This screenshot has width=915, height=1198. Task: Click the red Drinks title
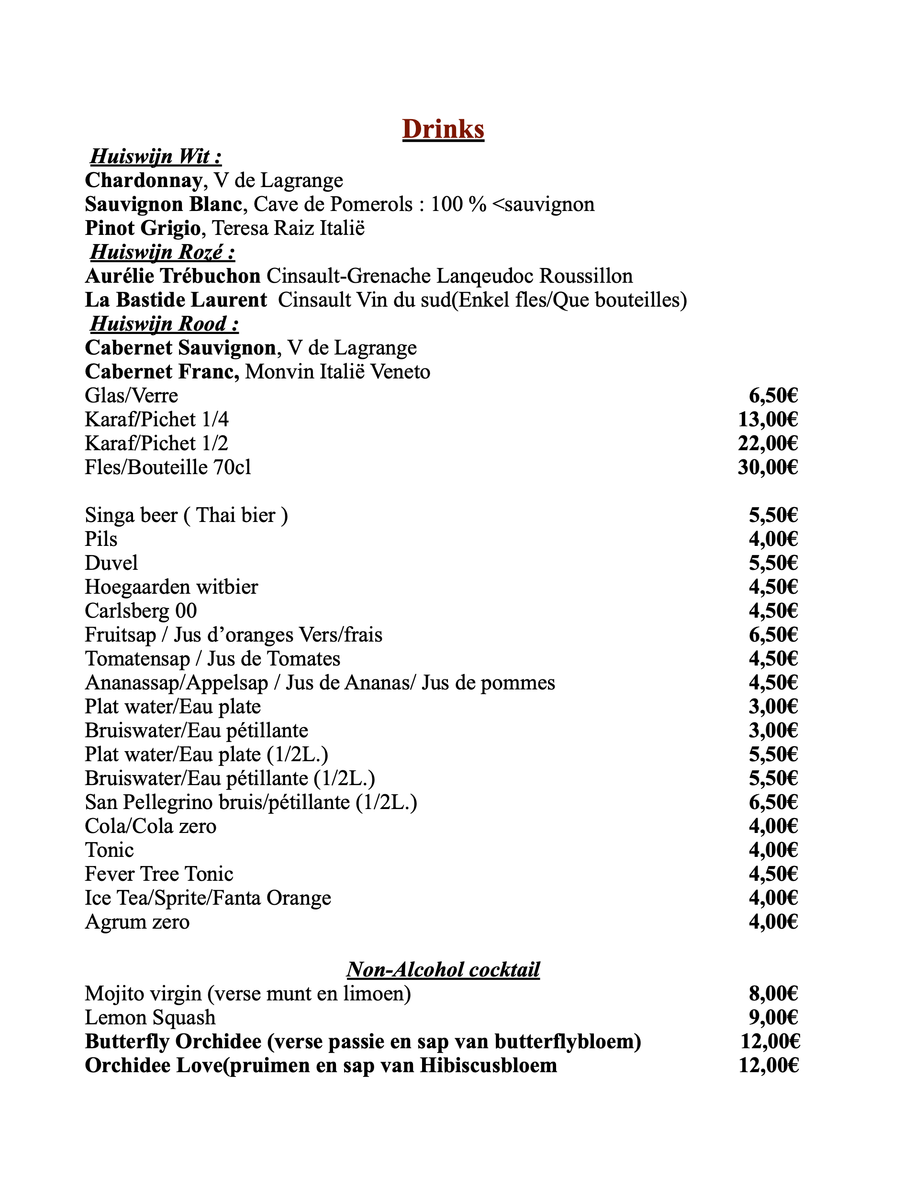click(443, 130)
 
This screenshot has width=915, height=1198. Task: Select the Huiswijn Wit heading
click(156, 157)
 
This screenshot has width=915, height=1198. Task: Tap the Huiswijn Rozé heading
click(162, 253)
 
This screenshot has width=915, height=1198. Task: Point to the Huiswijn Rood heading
click(164, 324)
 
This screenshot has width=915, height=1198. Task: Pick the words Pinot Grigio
click(143, 228)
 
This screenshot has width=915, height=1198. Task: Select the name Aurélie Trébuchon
click(173, 276)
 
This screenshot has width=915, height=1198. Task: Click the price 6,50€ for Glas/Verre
click(773, 396)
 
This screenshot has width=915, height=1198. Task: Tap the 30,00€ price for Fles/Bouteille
click(768, 468)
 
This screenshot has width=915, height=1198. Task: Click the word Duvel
click(112, 563)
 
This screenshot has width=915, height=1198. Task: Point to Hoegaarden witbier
click(171, 587)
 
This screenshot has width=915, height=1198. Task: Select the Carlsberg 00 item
click(141, 611)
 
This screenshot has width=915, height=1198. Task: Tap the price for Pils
click(773, 540)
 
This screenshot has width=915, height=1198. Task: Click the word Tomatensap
click(137, 659)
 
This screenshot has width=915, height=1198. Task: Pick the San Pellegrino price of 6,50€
click(773, 803)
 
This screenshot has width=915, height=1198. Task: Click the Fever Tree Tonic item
click(159, 875)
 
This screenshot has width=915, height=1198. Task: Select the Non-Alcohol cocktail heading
click(443, 970)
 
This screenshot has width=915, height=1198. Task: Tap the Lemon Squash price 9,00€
click(773, 1018)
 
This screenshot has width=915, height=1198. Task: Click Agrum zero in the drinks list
click(137, 922)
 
